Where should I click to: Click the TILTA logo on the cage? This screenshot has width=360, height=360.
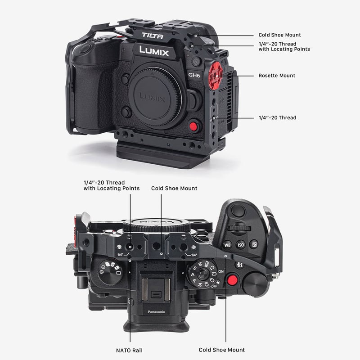coord(153,36)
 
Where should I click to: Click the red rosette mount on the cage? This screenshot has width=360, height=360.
coord(218,75)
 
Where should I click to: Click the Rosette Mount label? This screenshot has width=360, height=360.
coord(277,76)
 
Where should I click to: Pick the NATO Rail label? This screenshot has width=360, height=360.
coord(130,350)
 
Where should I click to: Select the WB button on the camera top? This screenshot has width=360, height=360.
coord(227,245)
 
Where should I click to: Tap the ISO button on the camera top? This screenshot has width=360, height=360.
coord(241,245)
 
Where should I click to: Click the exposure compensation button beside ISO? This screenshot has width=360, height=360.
coord(254,245)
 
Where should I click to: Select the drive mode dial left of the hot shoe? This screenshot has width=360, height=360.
coord(109,272)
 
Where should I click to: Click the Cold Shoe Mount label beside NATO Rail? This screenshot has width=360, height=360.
coord(222,350)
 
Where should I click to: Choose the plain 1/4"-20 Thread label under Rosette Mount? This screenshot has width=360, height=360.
coord(277,118)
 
